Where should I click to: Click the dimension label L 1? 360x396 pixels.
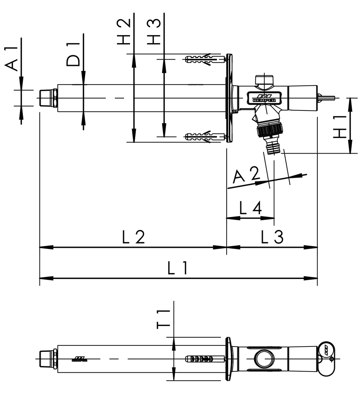(178, 268)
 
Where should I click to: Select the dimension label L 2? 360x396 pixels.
(133, 237)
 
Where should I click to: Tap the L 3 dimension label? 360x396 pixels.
(272, 237)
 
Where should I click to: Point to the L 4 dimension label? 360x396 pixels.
(251, 208)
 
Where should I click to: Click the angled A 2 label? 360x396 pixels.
(246, 175)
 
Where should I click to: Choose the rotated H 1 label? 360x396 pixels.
(339, 127)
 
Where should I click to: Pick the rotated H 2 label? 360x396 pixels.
(124, 32)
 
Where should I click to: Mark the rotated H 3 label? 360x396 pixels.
(155, 32)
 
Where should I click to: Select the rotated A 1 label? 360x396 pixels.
(12, 59)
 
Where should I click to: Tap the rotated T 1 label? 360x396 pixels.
(164, 319)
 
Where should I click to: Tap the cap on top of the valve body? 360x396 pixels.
(264, 80)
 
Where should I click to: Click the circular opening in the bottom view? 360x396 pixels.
(263, 359)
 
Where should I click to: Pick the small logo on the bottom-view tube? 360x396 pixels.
(79, 359)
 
